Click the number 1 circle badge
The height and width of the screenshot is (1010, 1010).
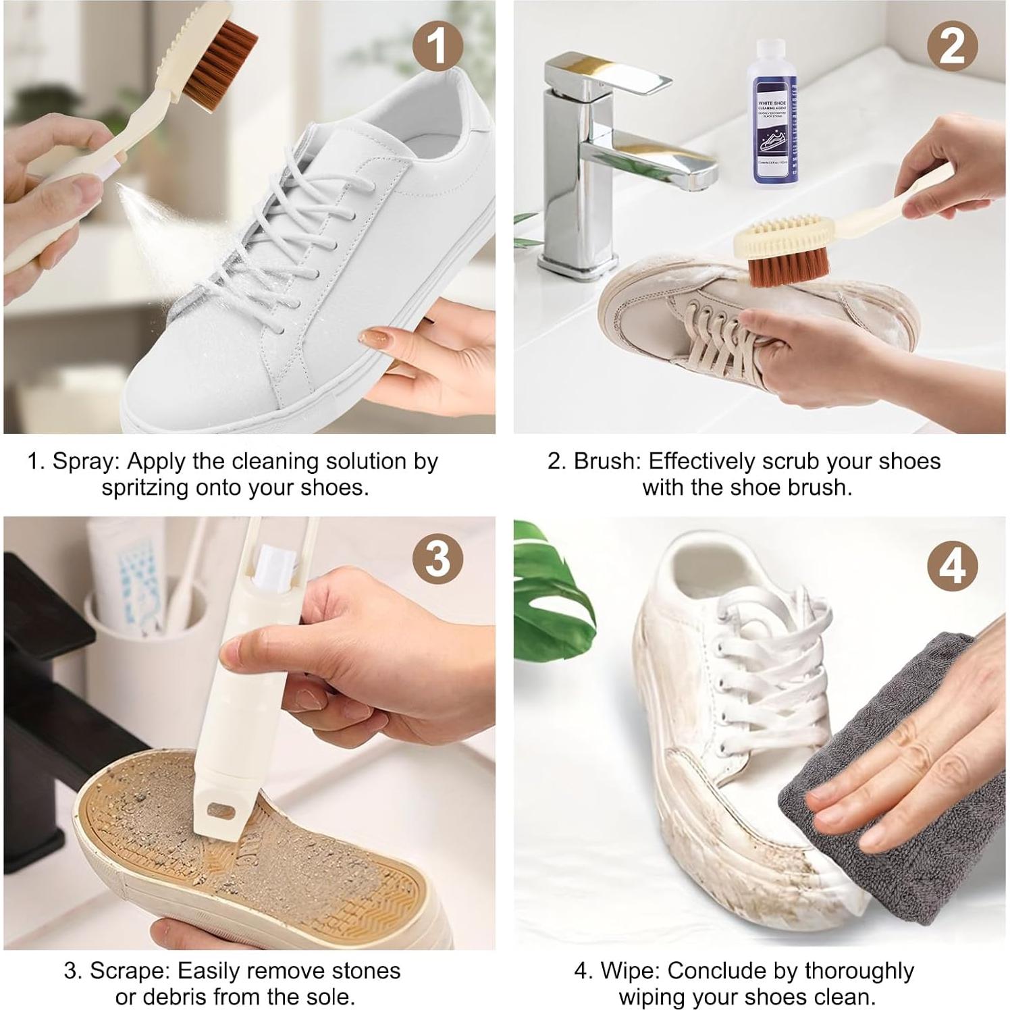[437, 47]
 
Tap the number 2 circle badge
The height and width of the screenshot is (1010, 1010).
[952, 47]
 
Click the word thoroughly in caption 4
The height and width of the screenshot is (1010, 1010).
[859, 971]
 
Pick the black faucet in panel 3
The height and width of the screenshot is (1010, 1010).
[41, 709]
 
